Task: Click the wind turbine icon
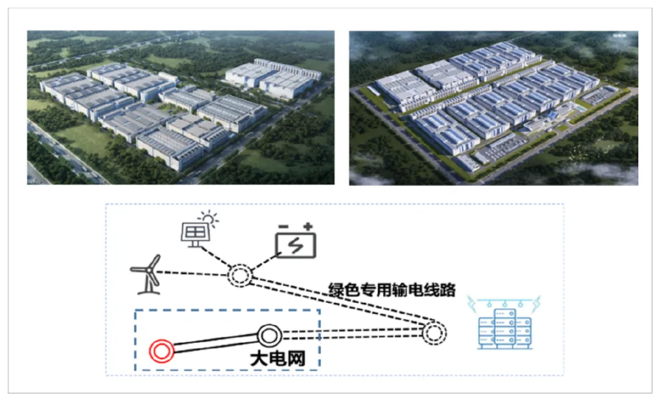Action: [146, 274]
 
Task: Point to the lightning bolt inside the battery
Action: [297, 245]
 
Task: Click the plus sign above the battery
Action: [309, 227]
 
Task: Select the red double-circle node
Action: [162, 351]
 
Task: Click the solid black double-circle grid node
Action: [269, 335]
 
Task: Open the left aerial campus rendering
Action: [181, 107]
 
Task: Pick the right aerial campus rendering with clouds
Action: [493, 107]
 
